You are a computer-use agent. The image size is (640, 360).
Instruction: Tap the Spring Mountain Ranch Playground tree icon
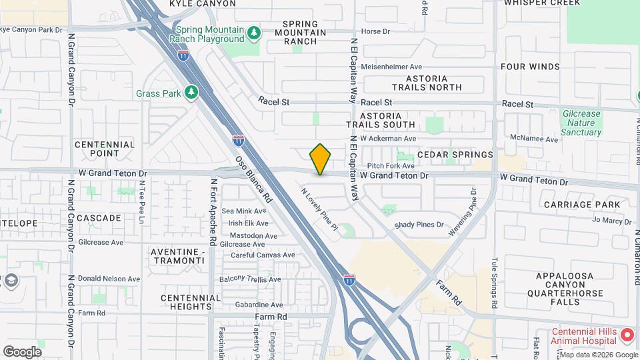click(x=253, y=33)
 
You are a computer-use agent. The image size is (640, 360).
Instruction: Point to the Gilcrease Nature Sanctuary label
click(x=581, y=123)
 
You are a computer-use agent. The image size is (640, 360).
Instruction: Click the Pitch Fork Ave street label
click(x=391, y=165)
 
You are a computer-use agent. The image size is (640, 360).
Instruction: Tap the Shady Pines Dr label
click(x=419, y=225)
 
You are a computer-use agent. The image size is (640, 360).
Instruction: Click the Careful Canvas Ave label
click(x=262, y=255)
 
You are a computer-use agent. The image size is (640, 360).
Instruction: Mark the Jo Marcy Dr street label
click(x=611, y=220)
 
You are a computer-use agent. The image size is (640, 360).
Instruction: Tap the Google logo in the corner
click(x=22, y=351)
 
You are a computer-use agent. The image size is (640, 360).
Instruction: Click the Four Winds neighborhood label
click(x=530, y=67)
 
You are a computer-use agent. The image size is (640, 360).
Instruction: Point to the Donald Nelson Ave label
click(x=109, y=279)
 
